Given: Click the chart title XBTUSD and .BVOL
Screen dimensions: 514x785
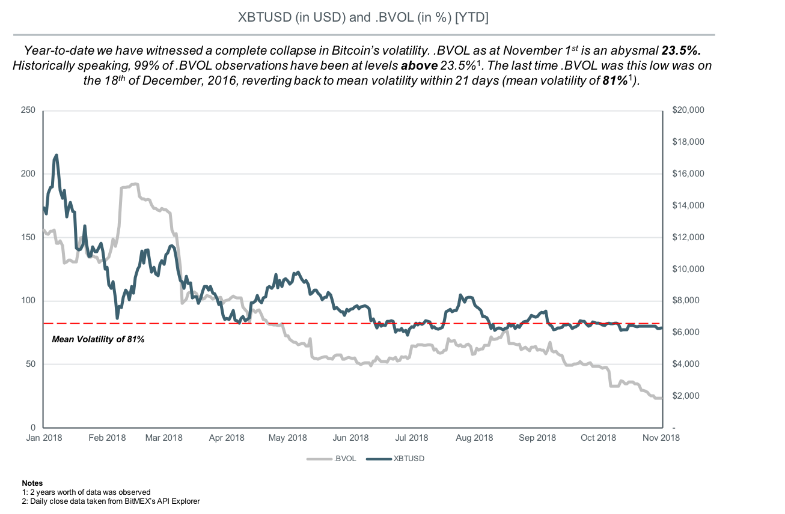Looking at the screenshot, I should click(x=363, y=18).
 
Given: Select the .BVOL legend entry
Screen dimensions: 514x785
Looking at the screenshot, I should click(x=345, y=459).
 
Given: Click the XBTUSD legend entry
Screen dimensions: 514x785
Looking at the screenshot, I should click(x=409, y=459).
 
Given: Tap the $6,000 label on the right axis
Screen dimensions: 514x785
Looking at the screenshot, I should click(x=684, y=332).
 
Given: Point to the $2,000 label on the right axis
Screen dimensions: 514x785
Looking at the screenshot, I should click(x=684, y=396).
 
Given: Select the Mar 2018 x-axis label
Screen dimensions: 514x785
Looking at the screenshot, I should click(x=163, y=438).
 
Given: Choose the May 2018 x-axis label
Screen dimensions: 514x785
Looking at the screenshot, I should click(x=287, y=438).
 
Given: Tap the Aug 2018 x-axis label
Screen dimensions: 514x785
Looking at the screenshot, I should click(x=474, y=438).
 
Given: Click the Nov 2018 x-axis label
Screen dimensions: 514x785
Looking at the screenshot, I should click(x=661, y=438).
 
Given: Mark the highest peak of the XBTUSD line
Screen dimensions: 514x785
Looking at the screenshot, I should click(x=57, y=155).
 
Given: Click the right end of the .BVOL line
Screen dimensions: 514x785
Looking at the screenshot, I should click(x=661, y=398).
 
